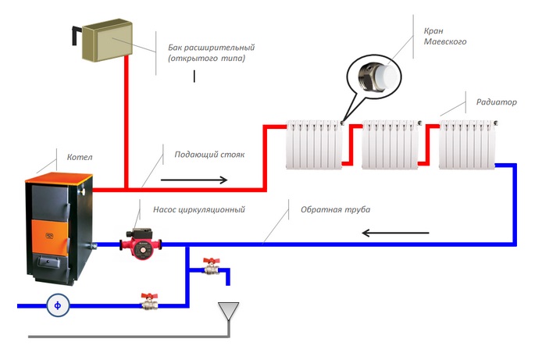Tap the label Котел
point(79,158)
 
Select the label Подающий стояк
point(209,155)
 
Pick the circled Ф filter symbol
point(57,305)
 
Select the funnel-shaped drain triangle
point(228,312)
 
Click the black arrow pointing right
point(195,180)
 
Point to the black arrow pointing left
point(395,233)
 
